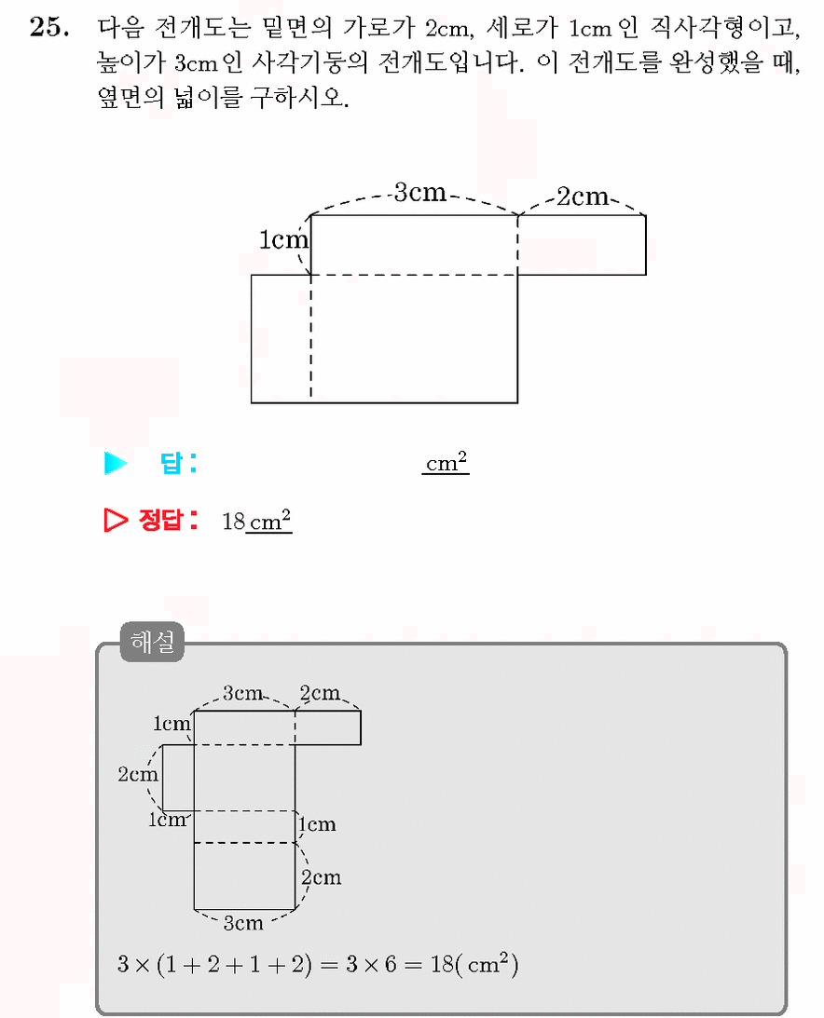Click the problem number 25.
tap(49, 27)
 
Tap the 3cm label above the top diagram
tap(420, 192)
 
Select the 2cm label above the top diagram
tap(583, 197)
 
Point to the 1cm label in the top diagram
tap(283, 239)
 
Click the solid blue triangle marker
tap(116, 463)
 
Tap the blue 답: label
tap(178, 463)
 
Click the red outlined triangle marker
tap(116, 520)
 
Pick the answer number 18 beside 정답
tap(233, 522)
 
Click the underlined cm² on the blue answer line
tap(446, 462)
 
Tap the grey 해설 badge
tap(152, 642)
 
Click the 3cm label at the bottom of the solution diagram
tap(243, 923)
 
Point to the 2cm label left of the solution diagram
tap(138, 774)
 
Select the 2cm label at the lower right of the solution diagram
tap(321, 877)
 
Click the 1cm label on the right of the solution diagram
tap(318, 824)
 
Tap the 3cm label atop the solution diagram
tap(243, 693)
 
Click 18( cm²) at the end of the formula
tap(474, 964)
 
